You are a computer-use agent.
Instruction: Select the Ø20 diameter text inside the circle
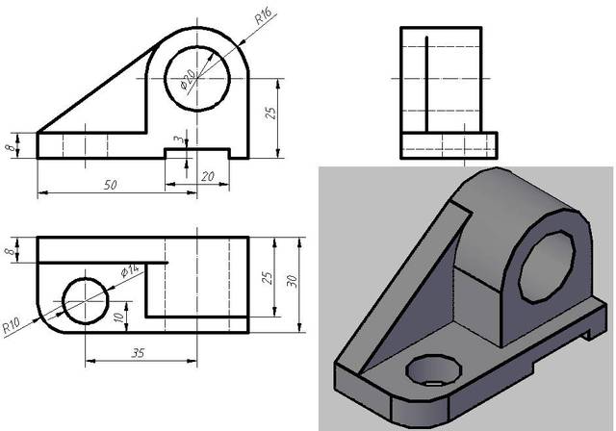point(189,78)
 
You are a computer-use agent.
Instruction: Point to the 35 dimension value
point(138,353)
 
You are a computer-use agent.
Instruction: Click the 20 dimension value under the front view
point(206,176)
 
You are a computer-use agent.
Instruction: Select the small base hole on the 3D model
point(428,369)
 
